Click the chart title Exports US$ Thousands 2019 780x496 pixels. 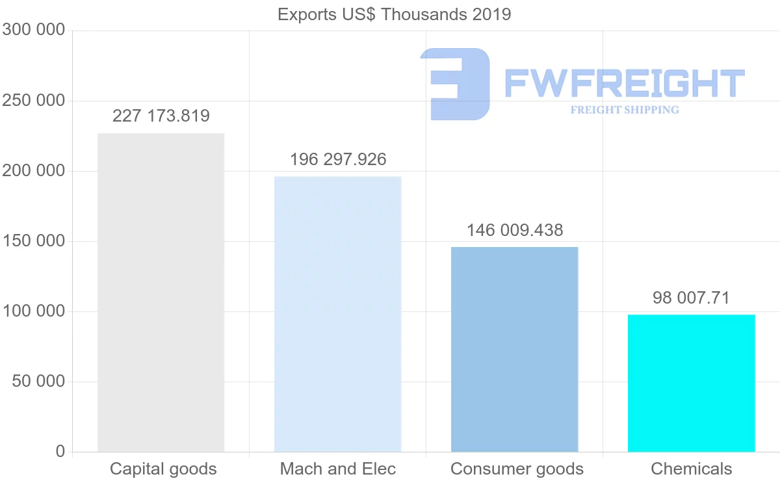pyautogui.click(x=394, y=14)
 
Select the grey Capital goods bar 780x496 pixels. pyautogui.click(x=161, y=293)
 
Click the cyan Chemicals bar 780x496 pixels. pyautogui.click(x=691, y=383)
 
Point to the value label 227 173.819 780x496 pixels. pyautogui.click(x=161, y=116)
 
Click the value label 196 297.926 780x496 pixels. pyautogui.click(x=338, y=159)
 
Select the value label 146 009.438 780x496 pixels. pyautogui.click(x=515, y=230)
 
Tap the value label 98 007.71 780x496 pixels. pyautogui.click(x=691, y=298)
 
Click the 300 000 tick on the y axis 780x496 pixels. pyautogui.click(x=34, y=31)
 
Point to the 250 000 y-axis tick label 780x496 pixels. pyautogui.click(x=34, y=101)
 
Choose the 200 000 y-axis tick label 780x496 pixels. pyautogui.click(x=34, y=171)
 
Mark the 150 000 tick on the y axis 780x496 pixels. pyautogui.click(x=34, y=241)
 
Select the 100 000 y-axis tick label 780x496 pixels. pyautogui.click(x=34, y=311)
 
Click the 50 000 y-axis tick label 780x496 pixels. pyautogui.click(x=39, y=382)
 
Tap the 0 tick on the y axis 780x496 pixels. pyautogui.click(x=60, y=451)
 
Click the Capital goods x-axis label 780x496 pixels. pyautogui.click(x=163, y=469)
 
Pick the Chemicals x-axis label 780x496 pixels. pyautogui.click(x=691, y=469)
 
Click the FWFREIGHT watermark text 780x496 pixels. pyautogui.click(x=624, y=83)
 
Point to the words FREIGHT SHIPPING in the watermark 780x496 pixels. pyautogui.click(x=625, y=110)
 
